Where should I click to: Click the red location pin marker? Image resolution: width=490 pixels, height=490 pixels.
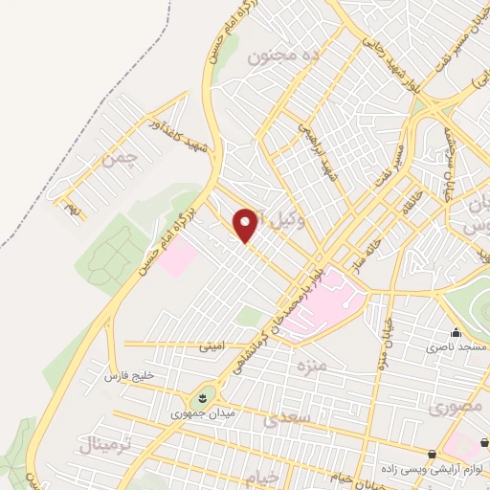click(246, 224)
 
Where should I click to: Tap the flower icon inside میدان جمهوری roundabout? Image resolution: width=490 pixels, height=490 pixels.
click(203, 397)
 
